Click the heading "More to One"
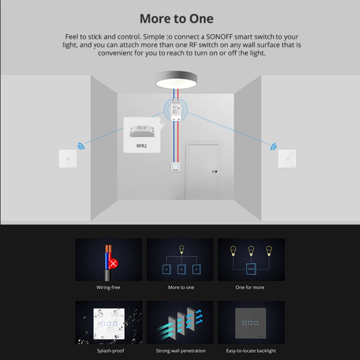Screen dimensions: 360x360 [176, 19]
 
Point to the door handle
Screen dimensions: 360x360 [215, 172]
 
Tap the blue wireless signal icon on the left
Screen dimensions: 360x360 [81, 146]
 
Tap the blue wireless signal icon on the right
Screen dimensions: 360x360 [273, 146]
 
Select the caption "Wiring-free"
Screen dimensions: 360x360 [108, 287]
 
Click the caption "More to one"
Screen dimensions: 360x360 [181, 287]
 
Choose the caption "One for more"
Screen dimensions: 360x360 [250, 287]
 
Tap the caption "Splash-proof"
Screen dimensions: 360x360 [110, 351]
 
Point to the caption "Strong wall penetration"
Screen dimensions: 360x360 [180, 351]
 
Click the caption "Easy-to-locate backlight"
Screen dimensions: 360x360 [251, 351]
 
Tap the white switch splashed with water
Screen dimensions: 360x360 [108, 323]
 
